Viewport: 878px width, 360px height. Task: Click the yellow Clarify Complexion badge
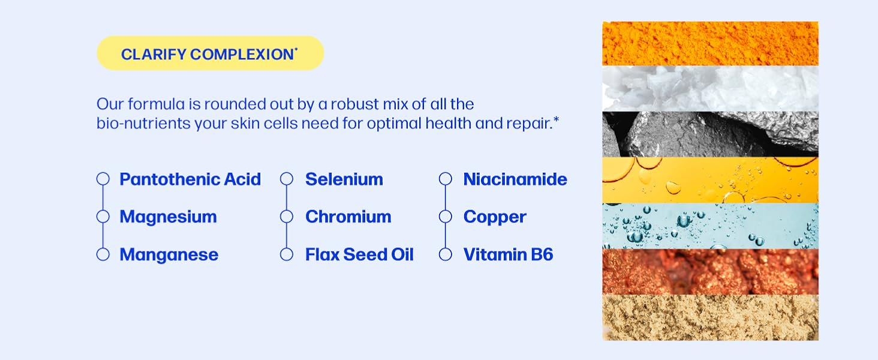click(x=210, y=53)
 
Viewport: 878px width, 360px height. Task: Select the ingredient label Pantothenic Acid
click(x=190, y=179)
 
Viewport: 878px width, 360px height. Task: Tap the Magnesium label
click(x=168, y=217)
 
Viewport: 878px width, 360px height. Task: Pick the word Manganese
click(x=169, y=255)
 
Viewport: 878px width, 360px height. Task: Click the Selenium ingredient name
click(x=344, y=179)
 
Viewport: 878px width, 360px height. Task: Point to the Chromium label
click(x=348, y=217)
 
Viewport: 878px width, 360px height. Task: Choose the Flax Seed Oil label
click(x=359, y=254)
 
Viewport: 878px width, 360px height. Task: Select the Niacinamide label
click(x=515, y=179)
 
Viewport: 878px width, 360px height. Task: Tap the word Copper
click(x=495, y=217)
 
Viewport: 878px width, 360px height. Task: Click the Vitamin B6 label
click(x=508, y=254)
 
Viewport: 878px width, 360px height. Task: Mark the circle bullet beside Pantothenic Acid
click(x=103, y=179)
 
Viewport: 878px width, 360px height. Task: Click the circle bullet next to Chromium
click(x=287, y=217)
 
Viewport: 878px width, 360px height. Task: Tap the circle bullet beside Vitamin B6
click(x=445, y=254)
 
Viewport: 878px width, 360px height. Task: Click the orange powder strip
click(x=710, y=44)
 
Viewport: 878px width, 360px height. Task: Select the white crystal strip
click(x=710, y=89)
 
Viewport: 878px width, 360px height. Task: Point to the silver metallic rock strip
click(x=710, y=134)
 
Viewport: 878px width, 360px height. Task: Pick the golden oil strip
click(x=710, y=180)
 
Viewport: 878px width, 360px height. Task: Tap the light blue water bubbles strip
click(x=710, y=226)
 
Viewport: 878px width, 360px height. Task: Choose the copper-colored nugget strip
click(x=710, y=272)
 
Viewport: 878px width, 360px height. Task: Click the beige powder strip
click(x=710, y=317)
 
